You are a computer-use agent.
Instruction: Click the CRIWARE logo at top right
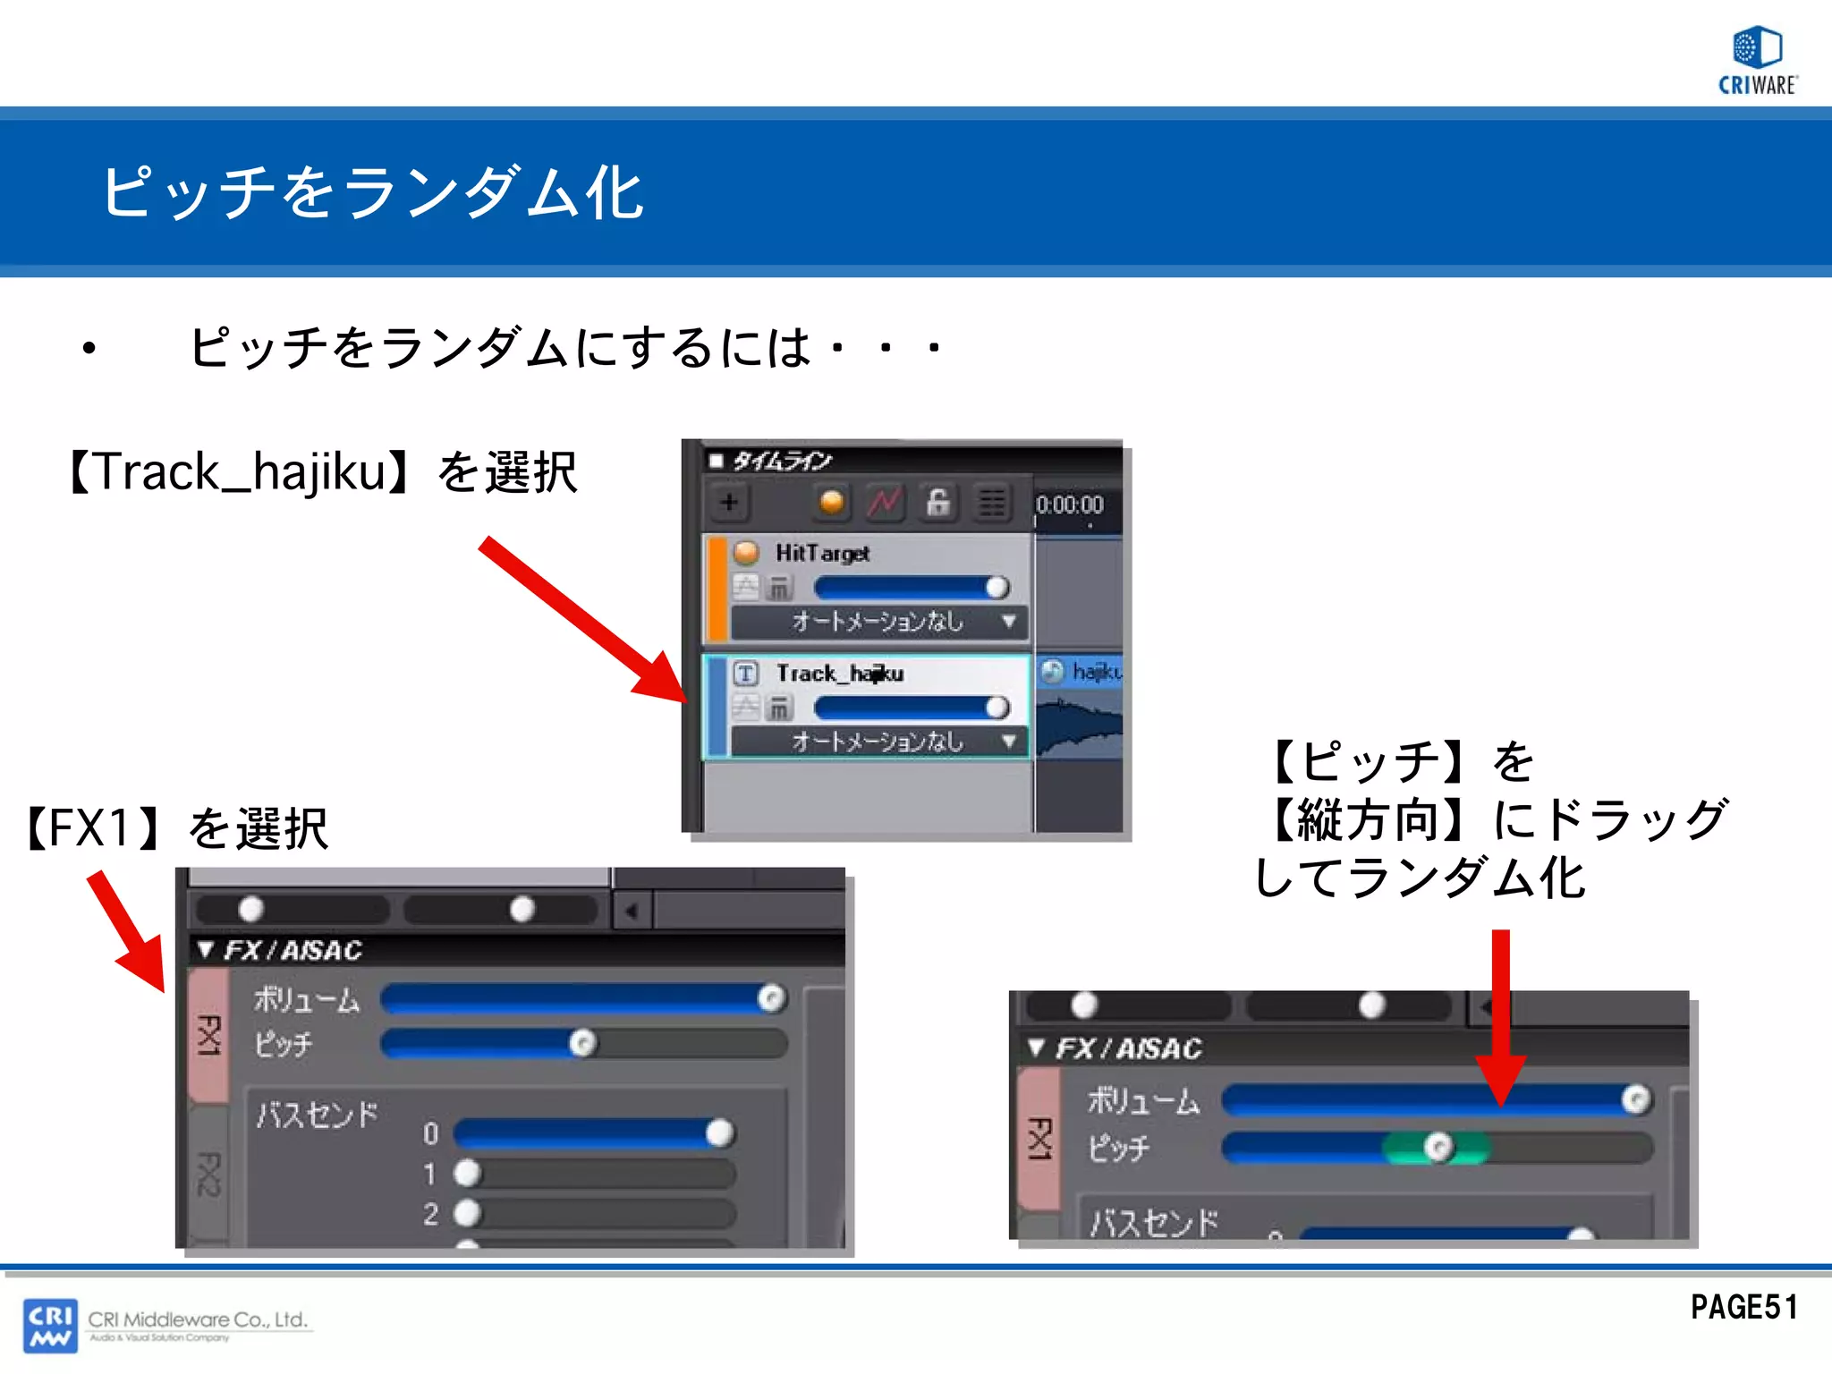(1757, 61)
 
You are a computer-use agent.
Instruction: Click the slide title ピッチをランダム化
(372, 193)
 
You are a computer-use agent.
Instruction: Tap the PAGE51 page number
(1743, 1307)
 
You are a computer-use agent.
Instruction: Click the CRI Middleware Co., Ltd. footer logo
(166, 1325)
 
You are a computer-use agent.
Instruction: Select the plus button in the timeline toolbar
(729, 503)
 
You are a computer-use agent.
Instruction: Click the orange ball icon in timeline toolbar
(831, 503)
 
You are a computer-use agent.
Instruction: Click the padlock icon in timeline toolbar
(937, 503)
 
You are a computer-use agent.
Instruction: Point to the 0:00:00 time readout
(1070, 505)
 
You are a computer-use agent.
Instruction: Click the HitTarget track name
(822, 554)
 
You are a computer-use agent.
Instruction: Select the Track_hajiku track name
(839, 674)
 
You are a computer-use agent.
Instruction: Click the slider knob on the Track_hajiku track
(997, 708)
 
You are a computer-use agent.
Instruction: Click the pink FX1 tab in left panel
(209, 1035)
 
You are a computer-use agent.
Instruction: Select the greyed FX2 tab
(208, 1174)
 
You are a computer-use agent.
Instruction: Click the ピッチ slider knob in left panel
(583, 1043)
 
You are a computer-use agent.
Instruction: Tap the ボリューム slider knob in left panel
(771, 998)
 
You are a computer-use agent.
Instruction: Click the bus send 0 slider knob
(719, 1133)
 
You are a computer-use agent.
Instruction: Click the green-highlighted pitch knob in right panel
(1438, 1147)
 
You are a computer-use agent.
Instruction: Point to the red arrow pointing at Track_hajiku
(581, 619)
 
